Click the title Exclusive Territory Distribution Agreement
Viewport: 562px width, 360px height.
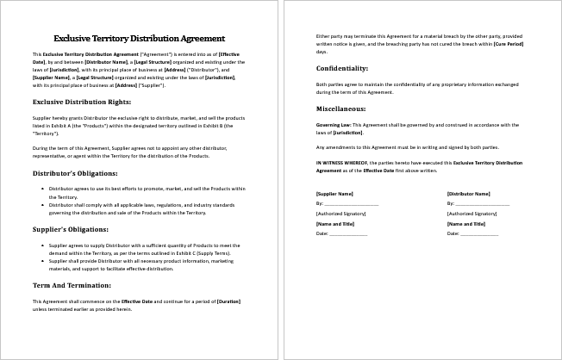click(140, 38)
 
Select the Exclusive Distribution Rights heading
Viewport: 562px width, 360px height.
click(81, 102)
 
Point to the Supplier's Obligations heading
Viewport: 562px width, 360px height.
click(71, 229)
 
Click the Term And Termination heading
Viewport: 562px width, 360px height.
click(72, 284)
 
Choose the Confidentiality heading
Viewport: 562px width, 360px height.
click(342, 67)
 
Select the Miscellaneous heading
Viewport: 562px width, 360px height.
click(341, 109)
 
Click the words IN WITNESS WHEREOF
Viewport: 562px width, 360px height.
click(343, 162)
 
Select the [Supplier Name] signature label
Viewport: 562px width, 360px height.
click(334, 194)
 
